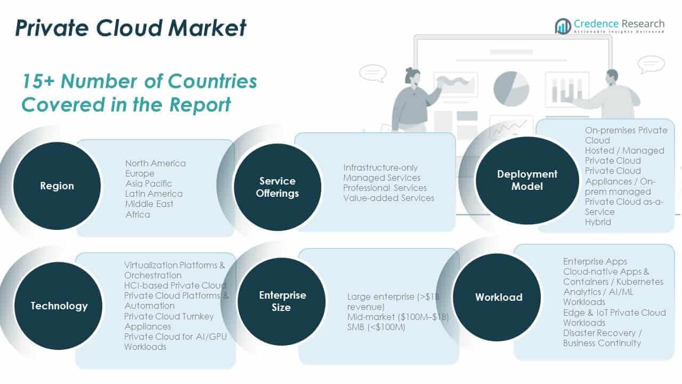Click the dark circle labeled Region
tap(56, 186)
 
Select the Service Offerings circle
tap(277, 187)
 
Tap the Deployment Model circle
tap(519, 180)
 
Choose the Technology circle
tap(59, 306)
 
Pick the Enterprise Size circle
tap(282, 301)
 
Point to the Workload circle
tap(498, 297)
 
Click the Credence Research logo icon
tap(563, 26)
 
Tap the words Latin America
tap(153, 194)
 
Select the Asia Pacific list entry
tap(149, 183)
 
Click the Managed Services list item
tap(381, 178)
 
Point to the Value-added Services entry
tap(388, 198)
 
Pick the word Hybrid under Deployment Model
tap(598, 222)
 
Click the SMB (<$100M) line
tap(376, 327)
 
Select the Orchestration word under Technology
tap(153, 275)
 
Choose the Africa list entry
tap(137, 214)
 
